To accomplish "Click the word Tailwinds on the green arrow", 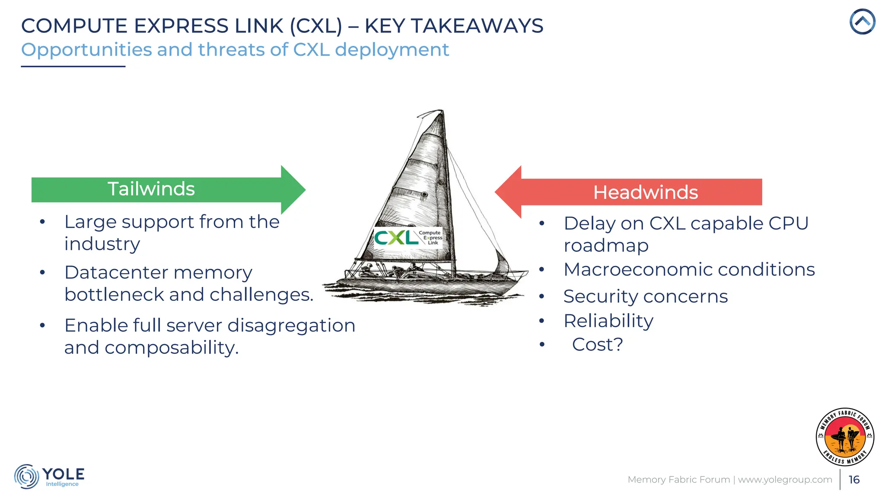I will tap(151, 189).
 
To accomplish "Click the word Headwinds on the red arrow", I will tap(645, 192).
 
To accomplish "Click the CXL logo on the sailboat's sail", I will tap(408, 237).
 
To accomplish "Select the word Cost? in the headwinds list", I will tap(597, 345).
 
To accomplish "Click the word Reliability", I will tap(608, 321).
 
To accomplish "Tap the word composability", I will tap(171, 348).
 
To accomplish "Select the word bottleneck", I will tap(114, 295).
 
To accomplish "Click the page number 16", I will tap(854, 479).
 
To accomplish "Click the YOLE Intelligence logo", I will tap(49, 476).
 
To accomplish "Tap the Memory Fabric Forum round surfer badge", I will tap(845, 437).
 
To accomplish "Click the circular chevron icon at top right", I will tap(862, 21).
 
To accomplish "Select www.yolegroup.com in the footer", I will tap(785, 479).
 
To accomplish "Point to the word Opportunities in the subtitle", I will tap(86, 50).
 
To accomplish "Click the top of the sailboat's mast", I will tap(442, 111).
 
